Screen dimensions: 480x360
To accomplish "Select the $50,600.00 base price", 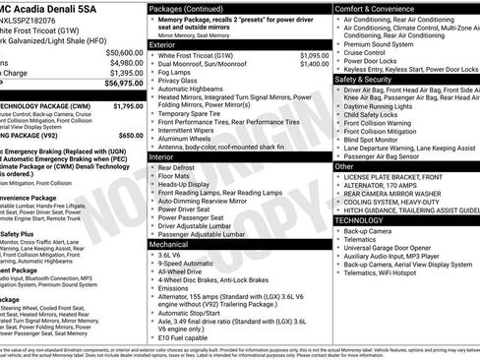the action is (x=124, y=52).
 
